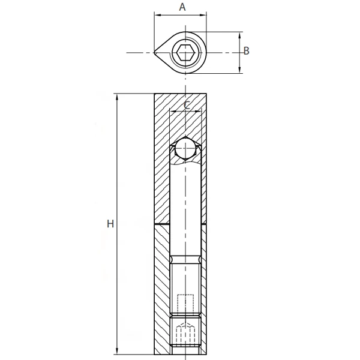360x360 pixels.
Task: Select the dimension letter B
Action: click(x=247, y=51)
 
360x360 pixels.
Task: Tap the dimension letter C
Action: click(x=187, y=105)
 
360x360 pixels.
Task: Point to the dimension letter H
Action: click(x=110, y=224)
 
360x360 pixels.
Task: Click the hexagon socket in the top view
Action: click(x=185, y=53)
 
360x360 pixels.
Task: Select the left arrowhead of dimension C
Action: click(x=173, y=110)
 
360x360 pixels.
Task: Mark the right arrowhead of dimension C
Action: click(x=197, y=110)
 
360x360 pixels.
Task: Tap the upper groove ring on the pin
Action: click(x=185, y=259)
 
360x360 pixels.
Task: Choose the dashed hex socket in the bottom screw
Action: click(x=185, y=333)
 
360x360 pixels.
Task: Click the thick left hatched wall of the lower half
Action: click(x=162, y=288)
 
